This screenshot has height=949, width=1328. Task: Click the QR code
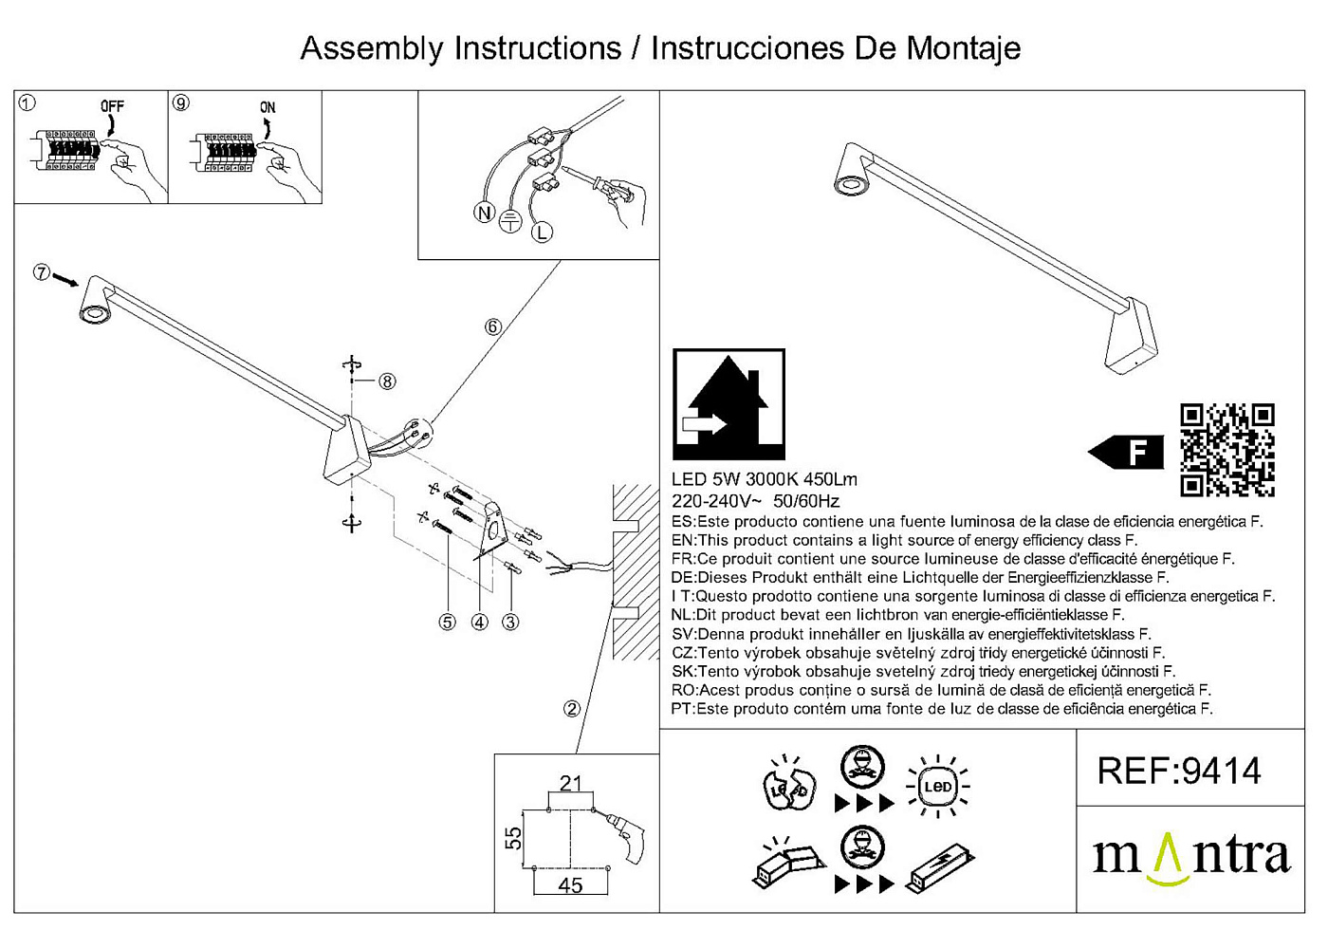(1227, 450)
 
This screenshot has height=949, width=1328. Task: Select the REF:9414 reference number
(1179, 771)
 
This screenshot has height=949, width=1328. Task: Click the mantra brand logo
(1191, 858)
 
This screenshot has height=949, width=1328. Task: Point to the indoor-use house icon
(729, 404)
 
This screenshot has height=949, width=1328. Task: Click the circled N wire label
(485, 214)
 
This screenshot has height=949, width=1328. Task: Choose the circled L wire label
(542, 232)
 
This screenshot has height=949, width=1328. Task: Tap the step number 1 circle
(28, 102)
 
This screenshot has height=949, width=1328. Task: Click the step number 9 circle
(181, 102)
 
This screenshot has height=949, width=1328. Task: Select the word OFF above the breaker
(112, 106)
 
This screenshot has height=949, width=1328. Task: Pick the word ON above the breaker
(267, 107)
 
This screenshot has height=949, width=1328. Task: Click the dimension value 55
(513, 838)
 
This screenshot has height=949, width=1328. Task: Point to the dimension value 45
(570, 885)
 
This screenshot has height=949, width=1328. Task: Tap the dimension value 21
(570, 783)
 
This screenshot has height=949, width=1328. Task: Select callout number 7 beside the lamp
(41, 272)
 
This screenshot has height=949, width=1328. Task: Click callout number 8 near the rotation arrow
(387, 381)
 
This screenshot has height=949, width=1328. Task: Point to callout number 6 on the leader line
(492, 327)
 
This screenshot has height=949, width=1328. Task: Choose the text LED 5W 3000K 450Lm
(764, 480)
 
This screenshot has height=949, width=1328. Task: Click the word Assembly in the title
(372, 48)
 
